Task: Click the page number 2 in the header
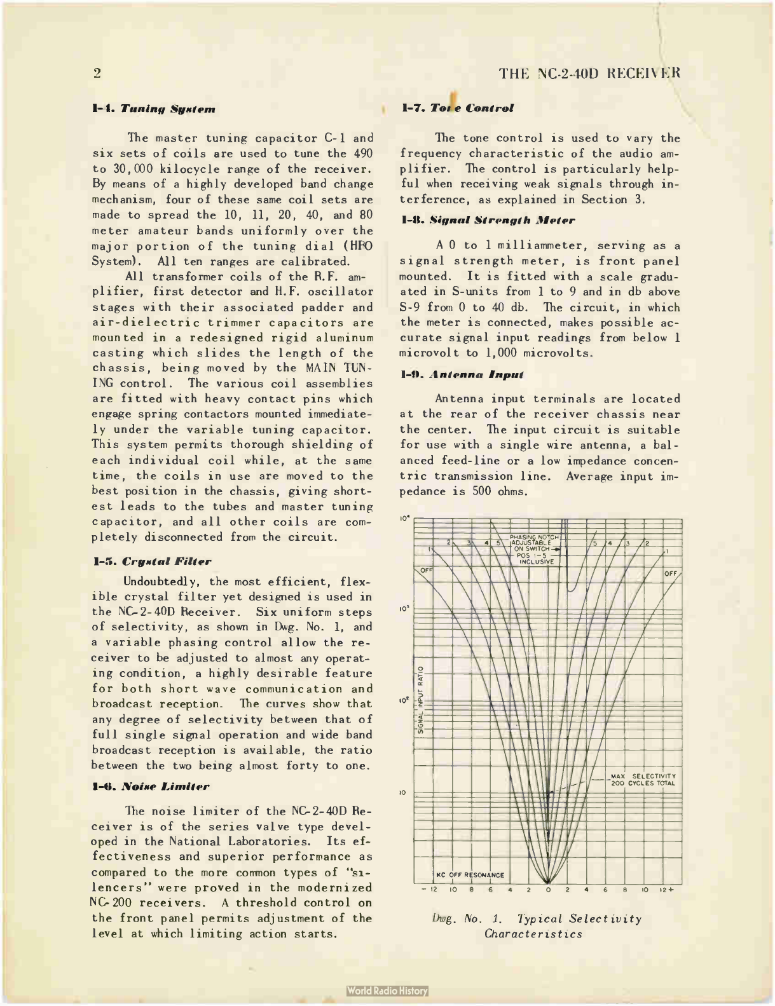click(x=97, y=73)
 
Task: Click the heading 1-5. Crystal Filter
click(x=152, y=562)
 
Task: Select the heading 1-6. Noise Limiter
click(x=151, y=787)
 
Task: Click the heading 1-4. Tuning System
click(x=154, y=109)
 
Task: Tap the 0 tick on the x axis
click(x=548, y=890)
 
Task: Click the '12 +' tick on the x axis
click(x=666, y=890)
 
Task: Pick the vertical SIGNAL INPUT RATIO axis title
click(x=421, y=699)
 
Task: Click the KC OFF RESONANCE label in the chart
click(x=470, y=875)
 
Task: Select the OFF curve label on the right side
click(x=671, y=573)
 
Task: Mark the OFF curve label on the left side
click(x=425, y=570)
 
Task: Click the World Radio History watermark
click(x=388, y=991)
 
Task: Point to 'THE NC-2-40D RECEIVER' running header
click(x=589, y=73)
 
